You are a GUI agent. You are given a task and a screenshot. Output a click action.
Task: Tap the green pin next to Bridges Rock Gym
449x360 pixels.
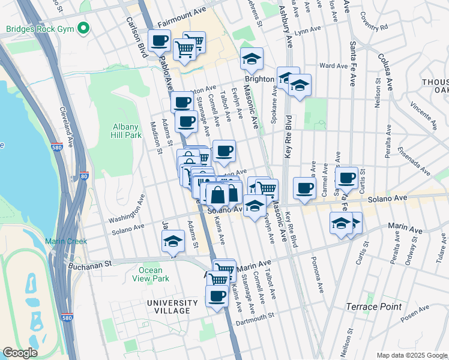pos(83,28)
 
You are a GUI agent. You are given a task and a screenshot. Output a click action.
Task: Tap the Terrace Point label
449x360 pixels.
pos(373,307)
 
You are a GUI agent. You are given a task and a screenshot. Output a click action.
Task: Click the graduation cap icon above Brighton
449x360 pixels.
pos(252,58)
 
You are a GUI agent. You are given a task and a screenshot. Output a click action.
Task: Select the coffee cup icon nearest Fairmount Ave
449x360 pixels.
pos(159,41)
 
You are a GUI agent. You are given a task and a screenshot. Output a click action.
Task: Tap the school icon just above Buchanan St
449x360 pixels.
pos(172,241)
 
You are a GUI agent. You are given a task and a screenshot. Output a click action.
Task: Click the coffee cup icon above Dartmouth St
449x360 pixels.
pos(217,295)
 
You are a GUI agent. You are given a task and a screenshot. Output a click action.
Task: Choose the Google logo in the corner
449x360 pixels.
pos(20,352)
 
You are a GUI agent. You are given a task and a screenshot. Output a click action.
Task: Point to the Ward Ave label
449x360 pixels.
pos(334,65)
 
